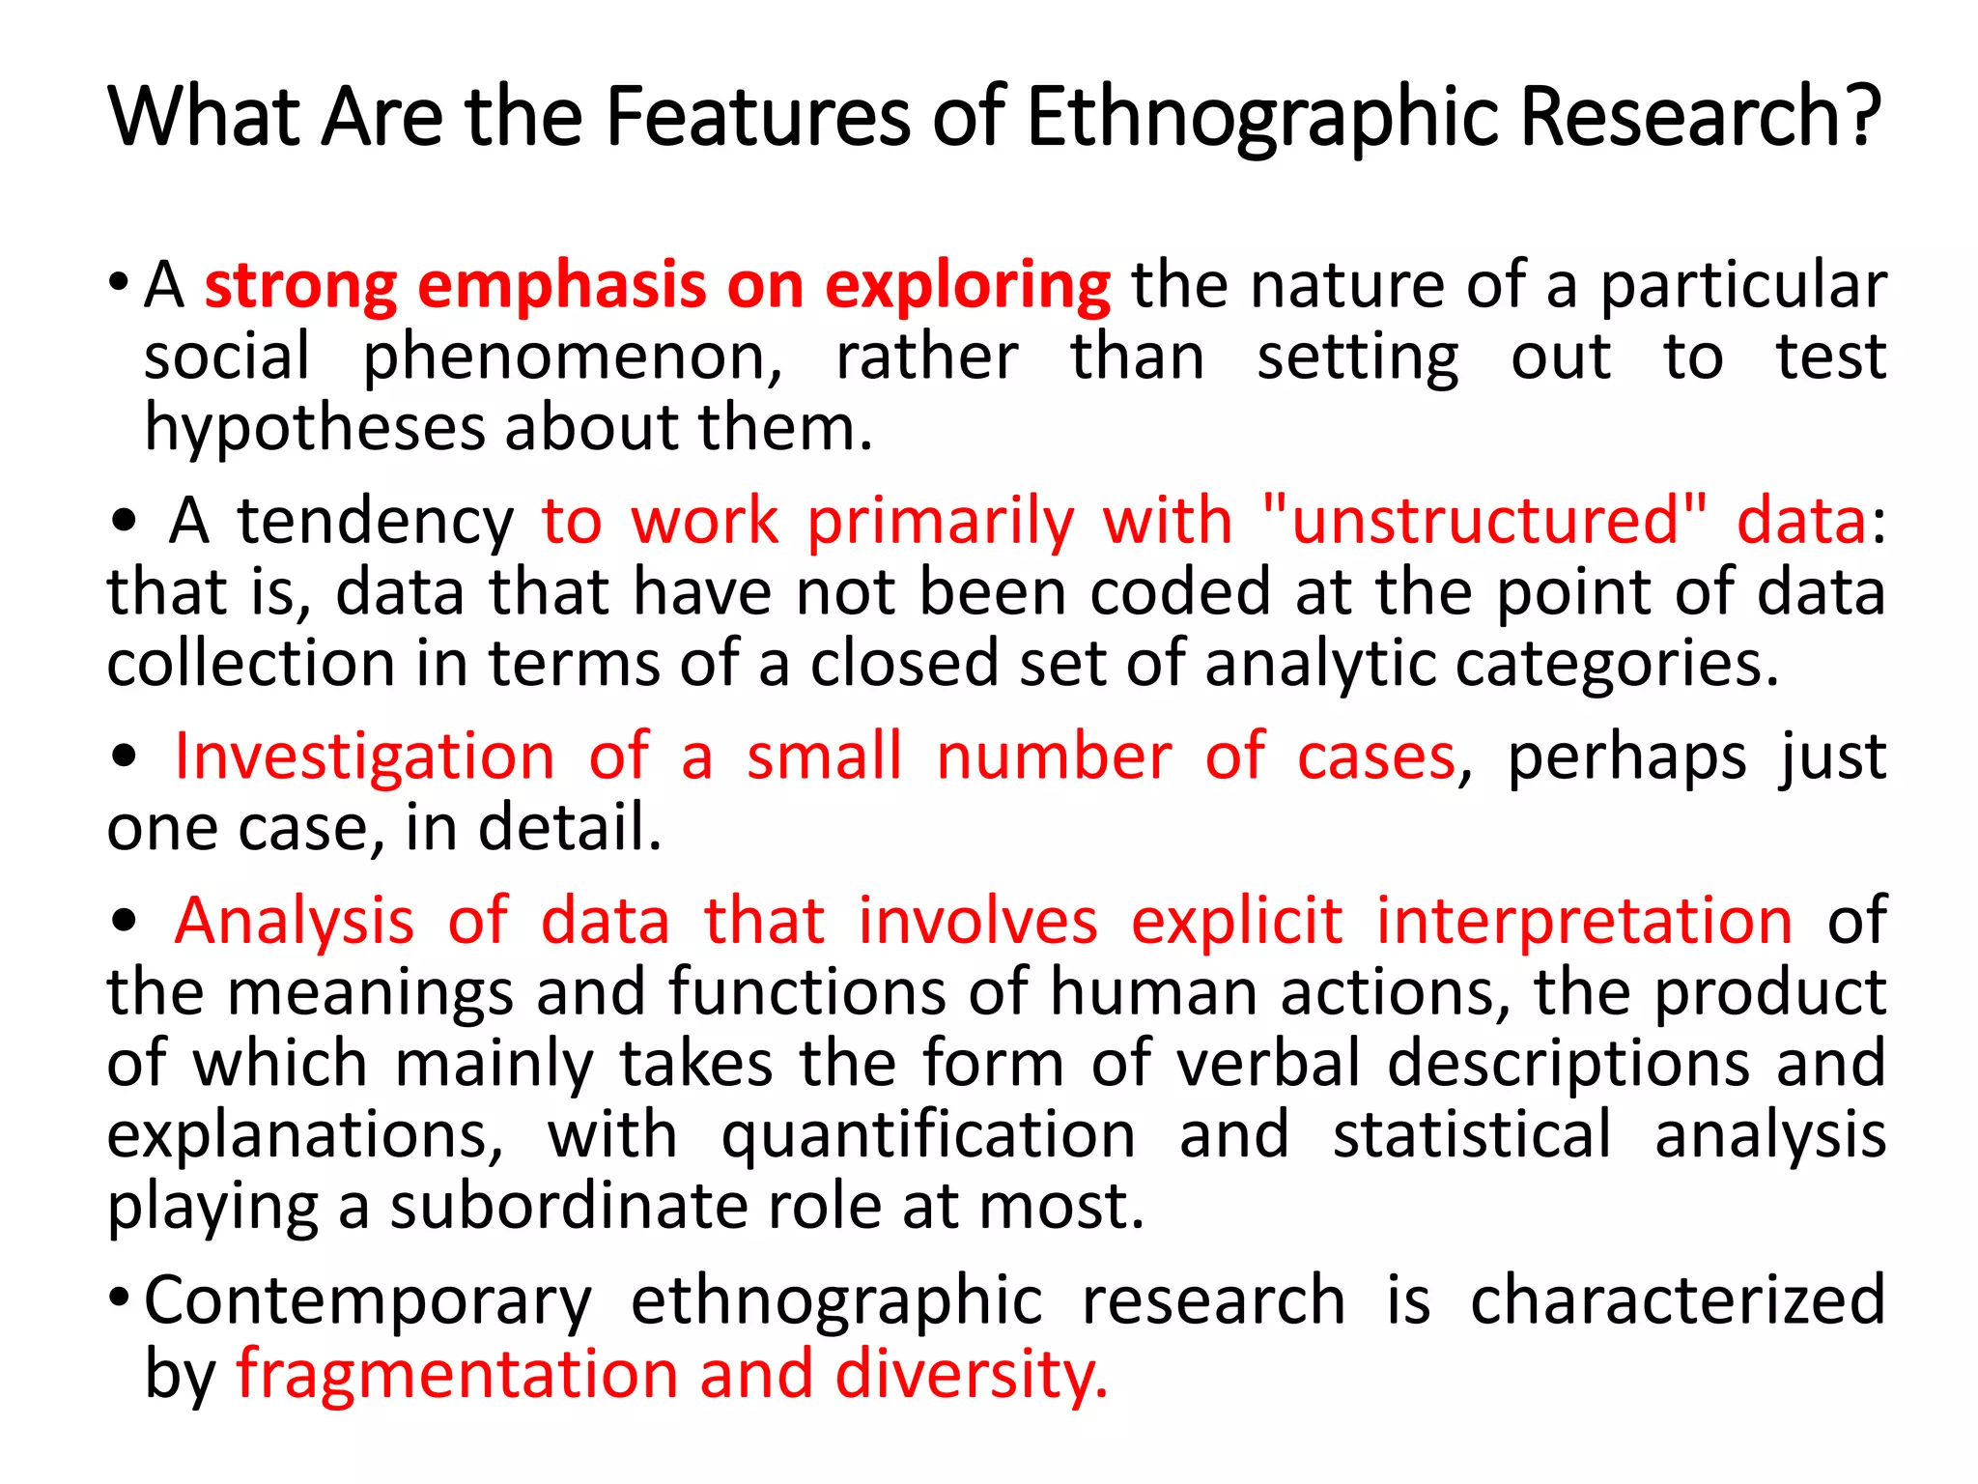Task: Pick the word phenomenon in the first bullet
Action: [x=572, y=358]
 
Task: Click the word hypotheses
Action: [x=314, y=429]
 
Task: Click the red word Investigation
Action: [x=364, y=756]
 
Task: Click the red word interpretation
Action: [x=1584, y=921]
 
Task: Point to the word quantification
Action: [x=928, y=1136]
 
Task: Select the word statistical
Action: [x=1472, y=1134]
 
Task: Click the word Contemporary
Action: [x=368, y=1302]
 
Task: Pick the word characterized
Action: [x=1677, y=1300]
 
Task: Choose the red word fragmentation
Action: [x=457, y=1374]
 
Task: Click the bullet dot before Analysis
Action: [x=124, y=920]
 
